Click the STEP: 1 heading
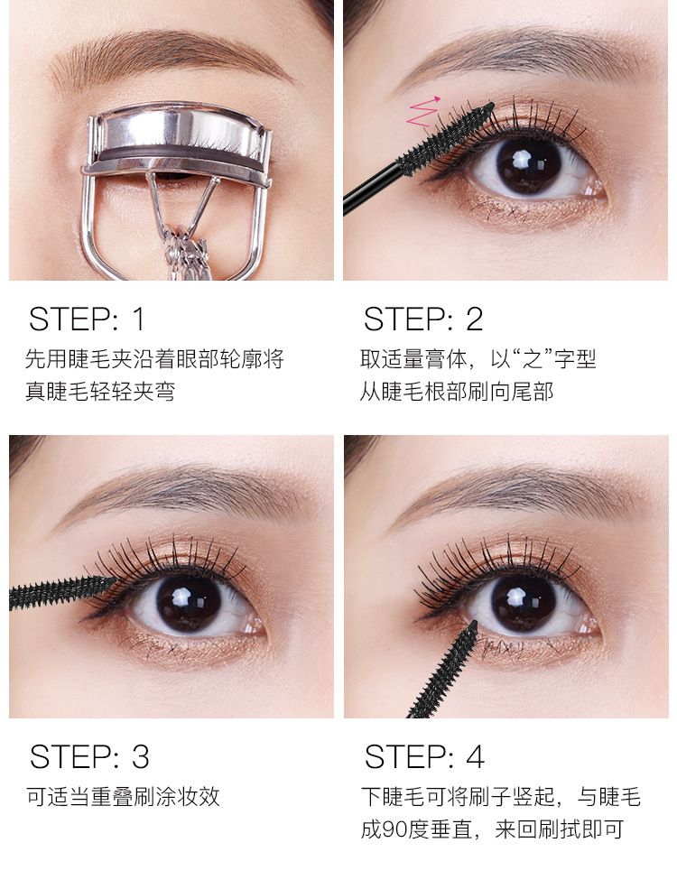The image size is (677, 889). pyautogui.click(x=87, y=319)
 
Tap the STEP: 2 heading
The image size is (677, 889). pyautogui.click(x=423, y=319)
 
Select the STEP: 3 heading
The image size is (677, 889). pyautogui.click(x=89, y=756)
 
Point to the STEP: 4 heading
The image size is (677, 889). pyautogui.click(x=424, y=756)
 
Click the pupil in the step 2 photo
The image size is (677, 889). pyautogui.click(x=528, y=164)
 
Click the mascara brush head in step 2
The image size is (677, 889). pyautogui.click(x=447, y=137)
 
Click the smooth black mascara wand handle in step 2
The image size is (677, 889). pyautogui.click(x=372, y=190)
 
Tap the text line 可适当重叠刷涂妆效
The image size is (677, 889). pyautogui.click(x=123, y=797)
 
